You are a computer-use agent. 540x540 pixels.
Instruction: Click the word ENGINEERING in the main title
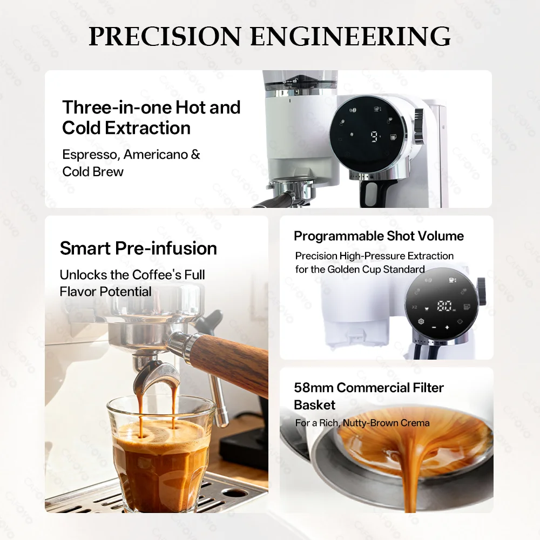[x=350, y=37]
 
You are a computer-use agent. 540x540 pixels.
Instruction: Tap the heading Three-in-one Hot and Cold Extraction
[x=151, y=118]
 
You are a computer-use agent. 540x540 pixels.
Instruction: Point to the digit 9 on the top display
[x=374, y=136]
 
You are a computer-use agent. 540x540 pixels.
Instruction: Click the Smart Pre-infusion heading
[x=138, y=248]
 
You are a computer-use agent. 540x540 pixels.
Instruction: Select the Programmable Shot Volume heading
[x=379, y=236]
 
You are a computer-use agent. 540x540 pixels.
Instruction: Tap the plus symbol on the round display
[x=447, y=328]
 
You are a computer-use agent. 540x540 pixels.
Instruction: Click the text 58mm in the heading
[x=313, y=388]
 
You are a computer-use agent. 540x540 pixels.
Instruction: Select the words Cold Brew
[x=93, y=172]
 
